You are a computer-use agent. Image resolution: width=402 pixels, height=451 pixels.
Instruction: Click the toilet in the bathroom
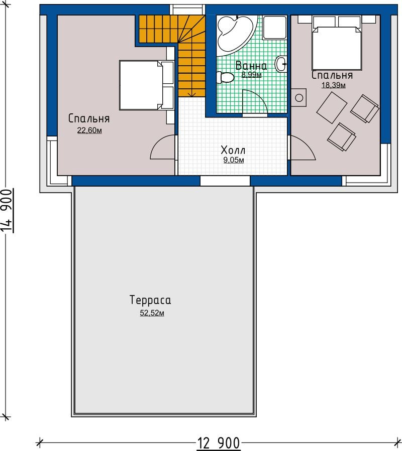225,77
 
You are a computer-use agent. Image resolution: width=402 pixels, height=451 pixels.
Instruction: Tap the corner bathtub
234,34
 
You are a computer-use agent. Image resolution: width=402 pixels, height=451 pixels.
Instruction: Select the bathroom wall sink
281,64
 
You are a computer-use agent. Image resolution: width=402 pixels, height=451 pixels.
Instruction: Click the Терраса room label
150,300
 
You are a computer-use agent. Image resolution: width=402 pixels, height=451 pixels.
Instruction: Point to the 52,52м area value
152,313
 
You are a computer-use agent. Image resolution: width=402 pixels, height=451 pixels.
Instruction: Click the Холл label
233,150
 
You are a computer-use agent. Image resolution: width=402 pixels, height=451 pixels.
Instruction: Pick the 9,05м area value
234,160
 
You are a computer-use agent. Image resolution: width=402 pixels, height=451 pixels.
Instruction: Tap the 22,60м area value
89,130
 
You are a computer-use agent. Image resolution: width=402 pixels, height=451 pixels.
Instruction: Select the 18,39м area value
334,85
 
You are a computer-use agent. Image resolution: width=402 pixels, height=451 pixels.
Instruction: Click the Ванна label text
251,66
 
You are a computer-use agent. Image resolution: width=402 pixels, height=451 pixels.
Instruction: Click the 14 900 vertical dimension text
7,211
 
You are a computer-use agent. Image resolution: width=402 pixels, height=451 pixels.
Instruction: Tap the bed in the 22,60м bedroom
147,85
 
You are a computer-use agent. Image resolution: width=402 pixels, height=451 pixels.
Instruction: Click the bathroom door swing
255,102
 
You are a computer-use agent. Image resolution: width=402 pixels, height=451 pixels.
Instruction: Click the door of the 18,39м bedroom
303,147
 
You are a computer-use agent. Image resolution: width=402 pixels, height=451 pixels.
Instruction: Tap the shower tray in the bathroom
275,27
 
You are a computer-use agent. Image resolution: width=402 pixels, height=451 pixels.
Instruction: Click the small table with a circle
298,97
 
